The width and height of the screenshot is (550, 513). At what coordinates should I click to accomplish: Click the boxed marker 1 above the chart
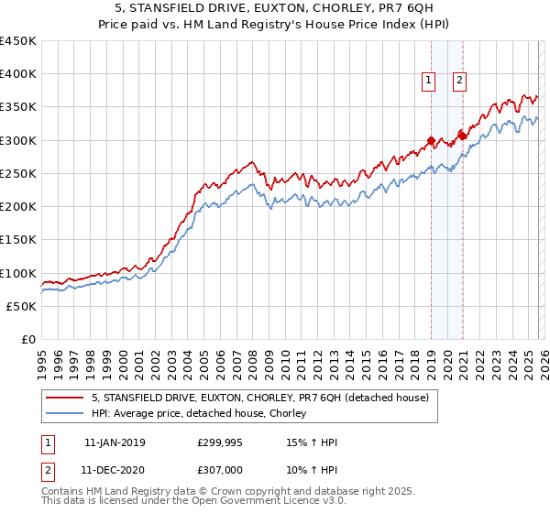click(428, 81)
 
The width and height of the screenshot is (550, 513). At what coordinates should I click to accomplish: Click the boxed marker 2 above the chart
click(458, 81)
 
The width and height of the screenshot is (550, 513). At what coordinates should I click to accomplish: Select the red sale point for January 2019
click(431, 141)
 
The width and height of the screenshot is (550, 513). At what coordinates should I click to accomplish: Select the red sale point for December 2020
click(462, 136)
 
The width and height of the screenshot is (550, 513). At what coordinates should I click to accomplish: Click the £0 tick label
click(28, 340)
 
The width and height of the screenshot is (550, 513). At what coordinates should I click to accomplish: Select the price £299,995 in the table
click(221, 442)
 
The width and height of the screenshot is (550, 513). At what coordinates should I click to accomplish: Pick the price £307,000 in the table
click(221, 470)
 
